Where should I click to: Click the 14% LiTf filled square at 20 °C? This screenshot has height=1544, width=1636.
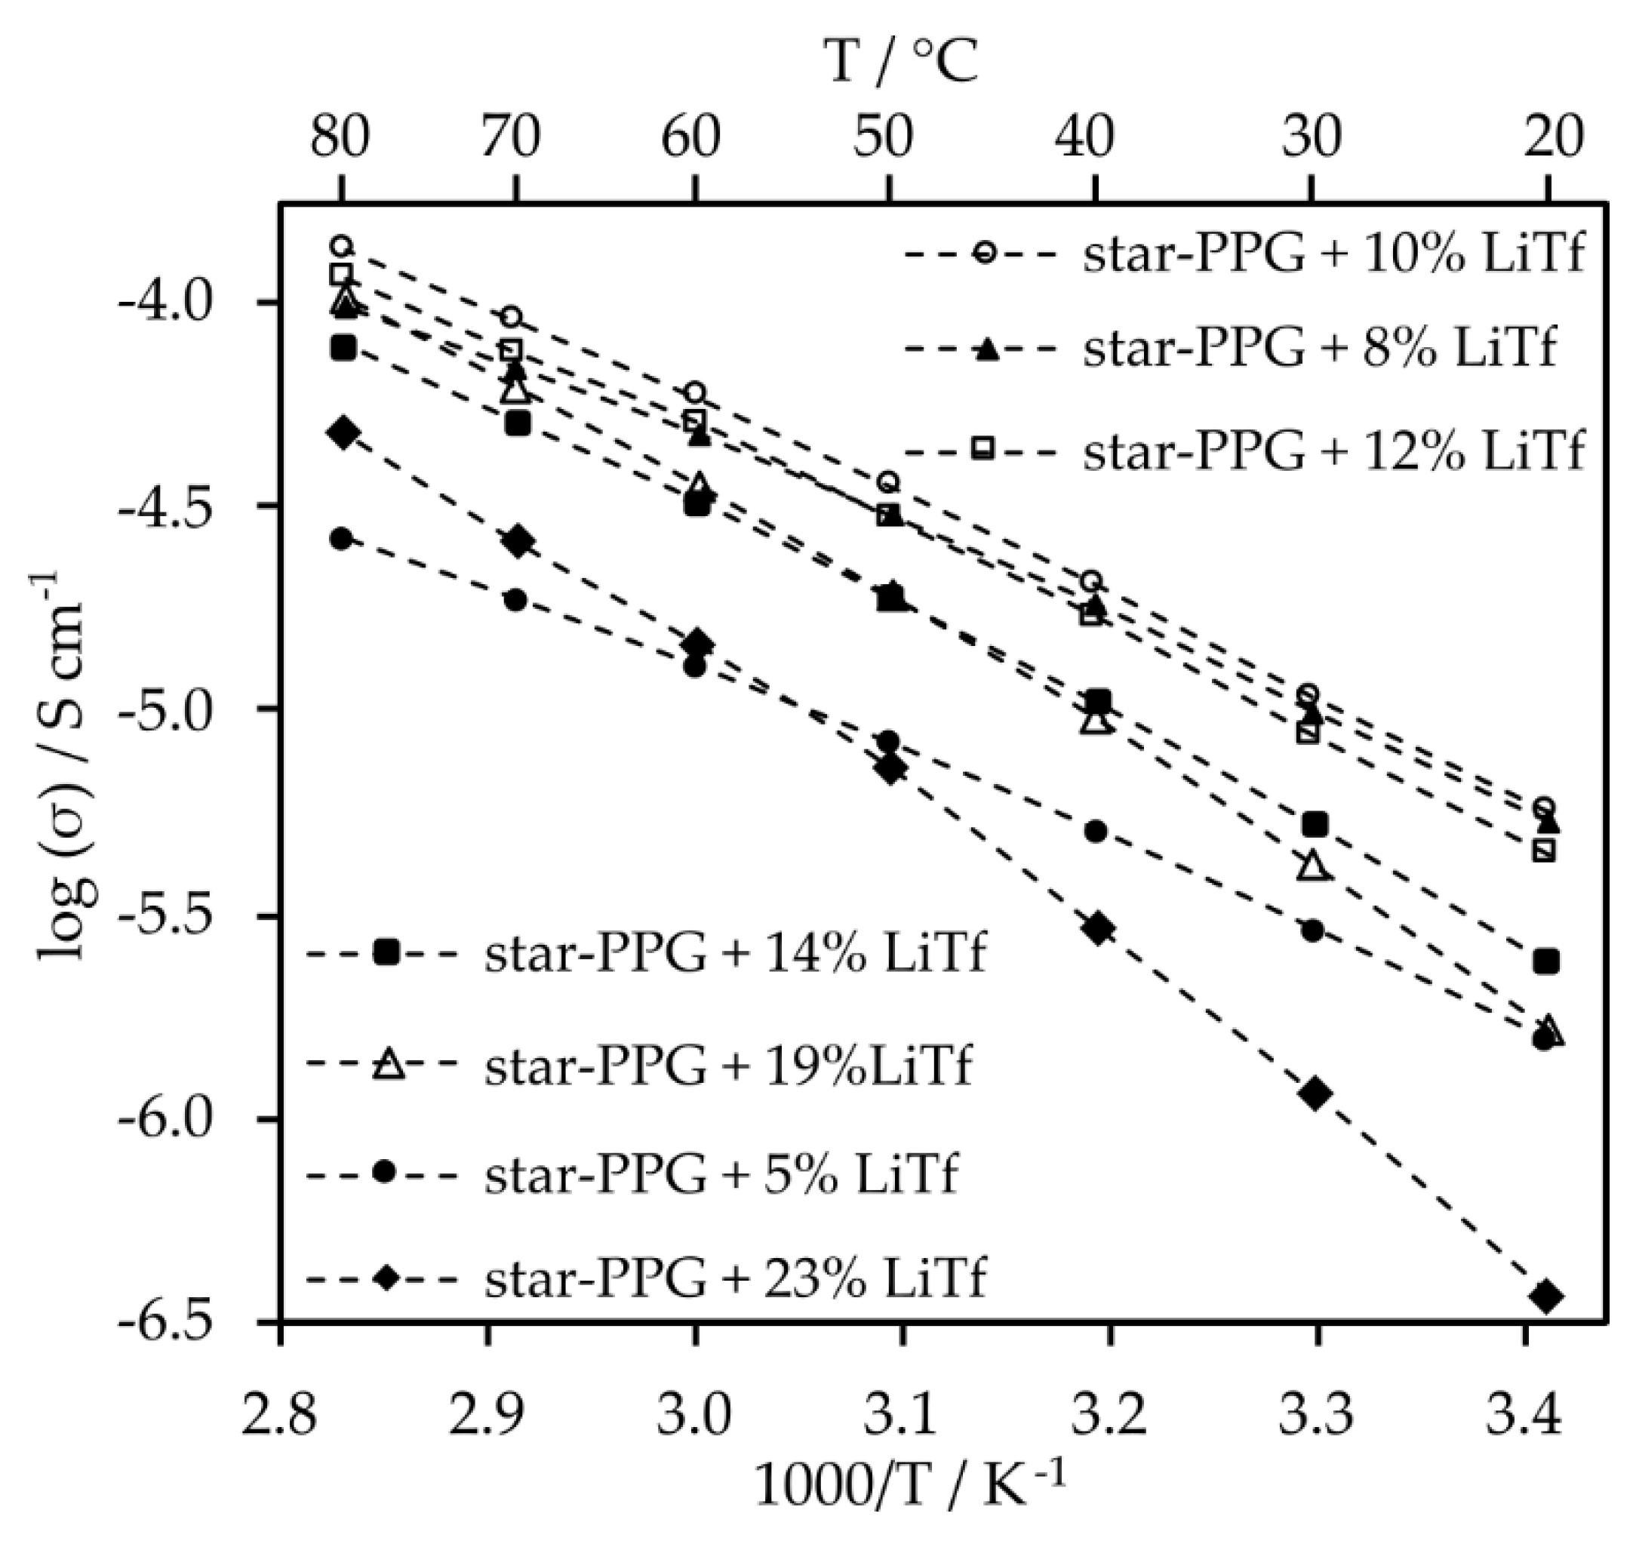coord(1545,961)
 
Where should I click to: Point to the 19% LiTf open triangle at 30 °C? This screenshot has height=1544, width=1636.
coord(1314,866)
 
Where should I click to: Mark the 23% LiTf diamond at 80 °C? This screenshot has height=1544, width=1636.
coord(343,432)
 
